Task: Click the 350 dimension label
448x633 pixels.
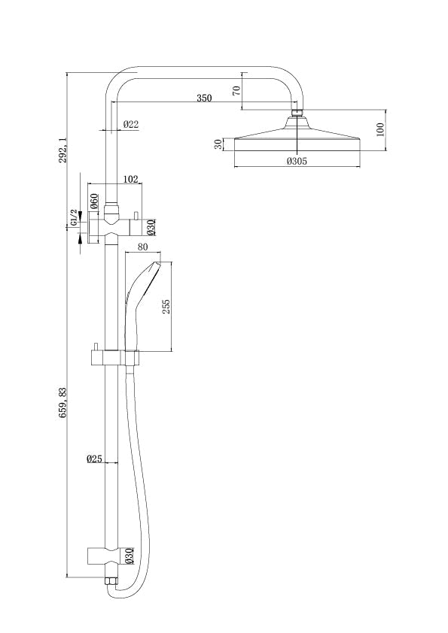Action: click(x=204, y=98)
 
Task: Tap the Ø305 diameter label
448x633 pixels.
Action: click(x=297, y=161)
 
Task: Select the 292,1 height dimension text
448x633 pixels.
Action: click(x=62, y=150)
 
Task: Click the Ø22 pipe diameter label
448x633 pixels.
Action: click(x=131, y=124)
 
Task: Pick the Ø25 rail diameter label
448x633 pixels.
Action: click(x=94, y=459)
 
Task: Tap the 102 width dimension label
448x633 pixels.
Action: click(x=130, y=179)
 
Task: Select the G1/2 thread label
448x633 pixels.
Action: click(x=74, y=217)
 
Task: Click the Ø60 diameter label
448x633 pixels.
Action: click(x=93, y=201)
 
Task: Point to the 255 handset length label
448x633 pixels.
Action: click(x=166, y=307)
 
